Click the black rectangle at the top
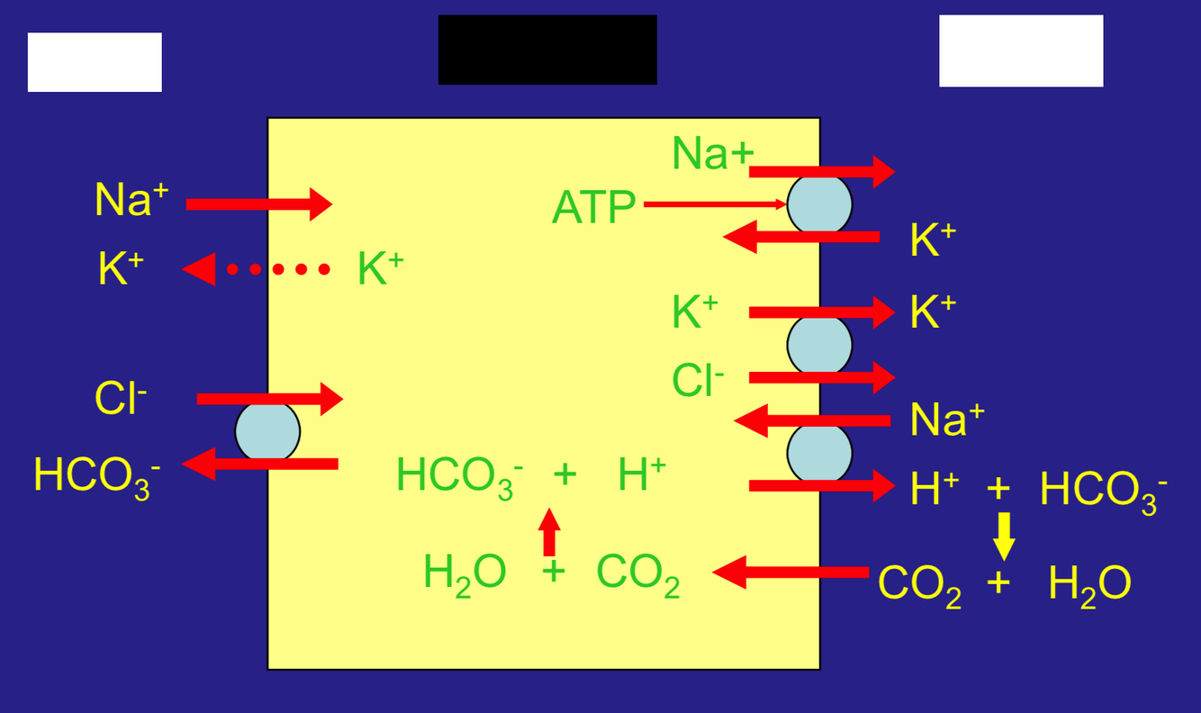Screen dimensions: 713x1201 (547, 50)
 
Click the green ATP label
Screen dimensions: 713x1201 (593, 208)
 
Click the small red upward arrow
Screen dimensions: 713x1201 (549, 532)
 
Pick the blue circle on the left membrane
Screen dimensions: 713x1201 (267, 431)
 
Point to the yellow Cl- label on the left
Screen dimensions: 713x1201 (120, 398)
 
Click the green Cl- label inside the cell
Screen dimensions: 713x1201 (698, 380)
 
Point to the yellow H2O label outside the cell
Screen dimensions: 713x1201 (1089, 583)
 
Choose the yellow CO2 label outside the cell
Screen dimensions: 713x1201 (919, 584)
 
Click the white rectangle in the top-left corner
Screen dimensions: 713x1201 (95, 62)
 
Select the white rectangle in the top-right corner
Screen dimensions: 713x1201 (1021, 51)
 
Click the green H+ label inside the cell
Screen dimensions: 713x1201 (641, 474)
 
